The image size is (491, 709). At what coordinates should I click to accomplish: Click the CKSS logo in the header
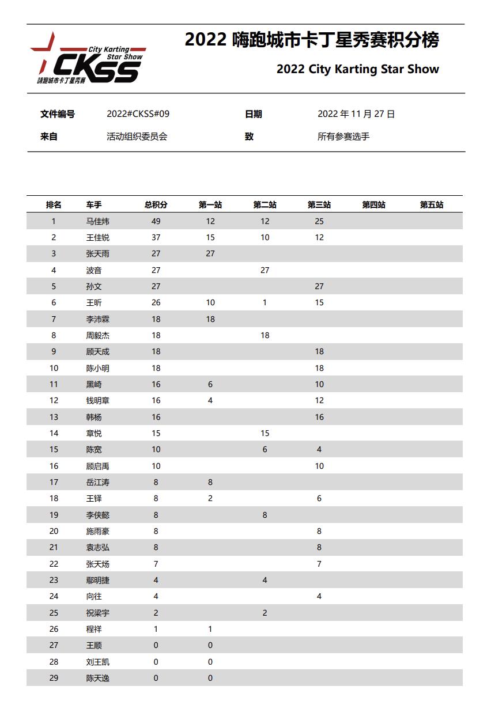[x=88, y=59]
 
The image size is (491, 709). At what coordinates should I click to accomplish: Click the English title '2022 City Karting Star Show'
[x=357, y=69]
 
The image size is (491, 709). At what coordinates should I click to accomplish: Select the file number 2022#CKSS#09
[x=138, y=114]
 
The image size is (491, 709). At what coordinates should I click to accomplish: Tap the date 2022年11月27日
[x=356, y=114]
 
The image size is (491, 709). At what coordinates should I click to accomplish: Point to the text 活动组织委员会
[x=137, y=137]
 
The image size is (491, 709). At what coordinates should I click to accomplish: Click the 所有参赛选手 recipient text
[x=343, y=137]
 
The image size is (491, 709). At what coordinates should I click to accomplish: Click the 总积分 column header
[x=156, y=205]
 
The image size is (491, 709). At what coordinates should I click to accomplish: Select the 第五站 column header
[x=431, y=205]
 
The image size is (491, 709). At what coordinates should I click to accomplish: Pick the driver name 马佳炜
[x=97, y=221]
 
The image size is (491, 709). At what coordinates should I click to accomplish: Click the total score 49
[x=156, y=221]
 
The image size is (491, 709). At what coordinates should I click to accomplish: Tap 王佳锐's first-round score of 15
[x=210, y=237]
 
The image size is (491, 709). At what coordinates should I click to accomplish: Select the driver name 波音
[x=94, y=270]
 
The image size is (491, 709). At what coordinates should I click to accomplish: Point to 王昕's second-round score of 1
[x=265, y=302]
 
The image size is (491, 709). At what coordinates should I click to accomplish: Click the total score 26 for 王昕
[x=156, y=302]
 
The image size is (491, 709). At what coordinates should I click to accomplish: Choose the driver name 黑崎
[x=94, y=384]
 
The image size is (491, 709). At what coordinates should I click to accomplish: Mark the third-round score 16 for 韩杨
[x=319, y=417]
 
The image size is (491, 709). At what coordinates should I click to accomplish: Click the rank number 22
[x=54, y=564]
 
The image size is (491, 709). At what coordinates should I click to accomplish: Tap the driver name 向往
[x=94, y=596]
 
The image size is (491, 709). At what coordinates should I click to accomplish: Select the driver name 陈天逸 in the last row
[x=97, y=678]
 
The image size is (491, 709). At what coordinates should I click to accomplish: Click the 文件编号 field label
[x=57, y=114]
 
